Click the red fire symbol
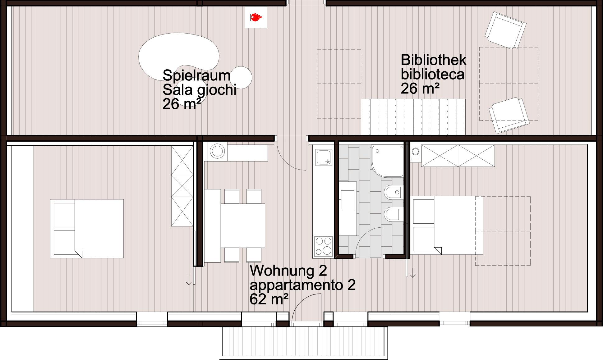pos(256,17)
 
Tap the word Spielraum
pos(196,75)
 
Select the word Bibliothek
pos(434,60)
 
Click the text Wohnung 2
pos(288,271)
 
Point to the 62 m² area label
pos(269,299)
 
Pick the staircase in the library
pos(413,117)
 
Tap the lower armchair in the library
pos(509,116)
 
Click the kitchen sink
pos(324,157)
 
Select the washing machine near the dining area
pos(217,152)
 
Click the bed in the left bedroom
pos(87,229)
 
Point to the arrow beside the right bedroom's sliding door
pos(413,273)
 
